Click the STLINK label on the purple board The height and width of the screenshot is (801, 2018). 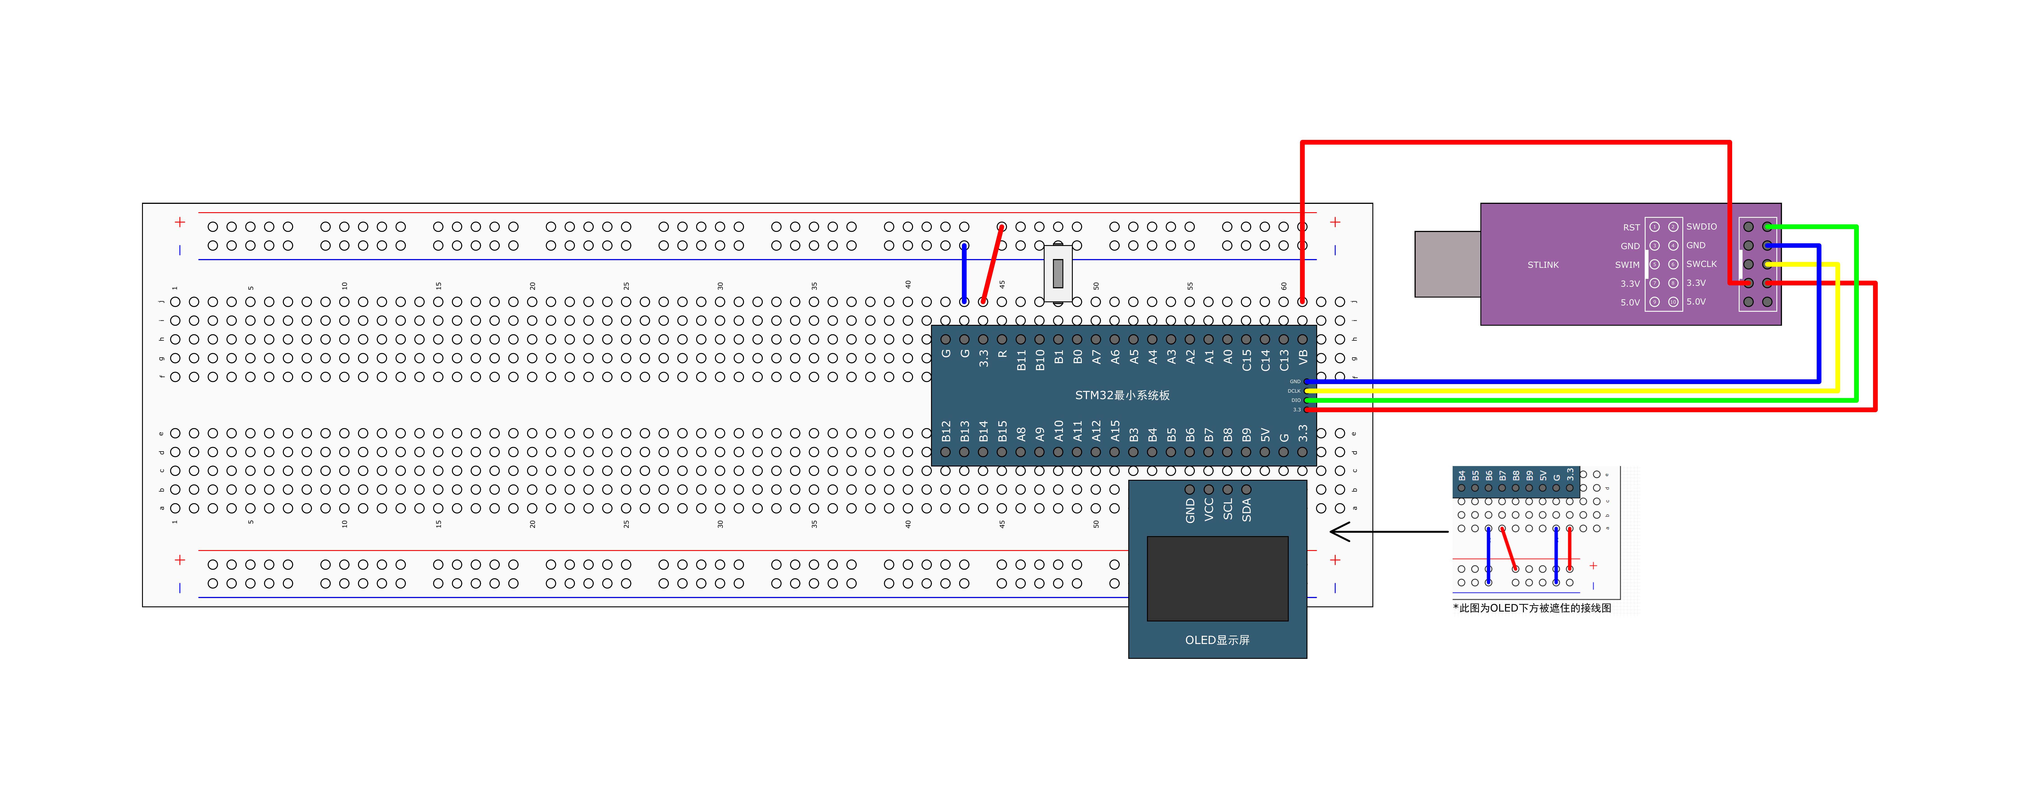click(1543, 265)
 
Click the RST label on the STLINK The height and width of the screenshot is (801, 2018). click(1631, 227)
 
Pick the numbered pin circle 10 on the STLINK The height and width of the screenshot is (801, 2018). click(1672, 301)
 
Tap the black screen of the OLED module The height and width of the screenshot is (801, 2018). click(1217, 578)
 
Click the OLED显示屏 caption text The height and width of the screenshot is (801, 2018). click(1217, 640)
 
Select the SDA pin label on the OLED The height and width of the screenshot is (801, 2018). click(1246, 510)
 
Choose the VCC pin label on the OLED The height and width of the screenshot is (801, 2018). click(1209, 510)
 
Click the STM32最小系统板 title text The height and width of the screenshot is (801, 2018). click(1122, 395)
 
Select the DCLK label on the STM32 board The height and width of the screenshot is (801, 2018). click(1293, 391)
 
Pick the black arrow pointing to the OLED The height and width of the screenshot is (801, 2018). click(1387, 532)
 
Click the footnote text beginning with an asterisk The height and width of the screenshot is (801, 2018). click(1532, 608)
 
